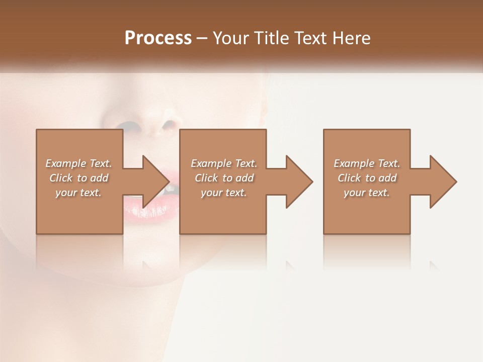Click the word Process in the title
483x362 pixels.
coord(158,38)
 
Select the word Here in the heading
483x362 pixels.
coord(351,38)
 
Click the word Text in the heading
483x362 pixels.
coord(311,38)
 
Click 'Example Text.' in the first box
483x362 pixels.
coord(78,163)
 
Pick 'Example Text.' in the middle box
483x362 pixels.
coord(224,163)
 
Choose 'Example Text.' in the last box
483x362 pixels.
coord(367,163)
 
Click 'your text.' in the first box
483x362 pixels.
coord(78,193)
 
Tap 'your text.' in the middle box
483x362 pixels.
coord(224,193)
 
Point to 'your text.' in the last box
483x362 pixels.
coord(367,193)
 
